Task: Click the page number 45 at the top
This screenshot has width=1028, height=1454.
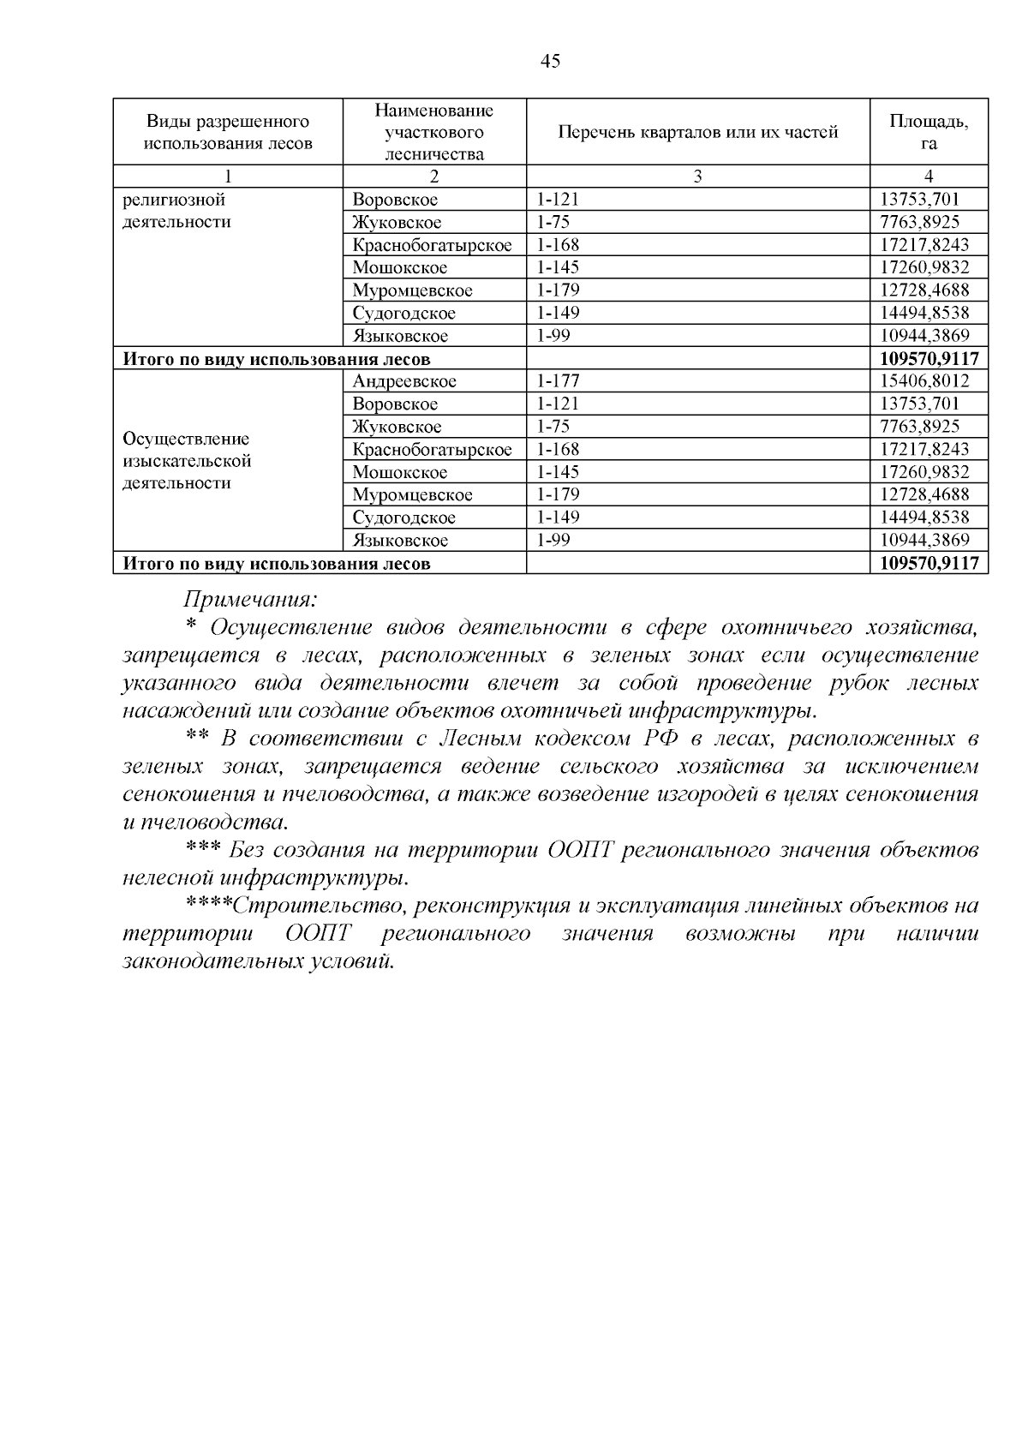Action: [x=551, y=61]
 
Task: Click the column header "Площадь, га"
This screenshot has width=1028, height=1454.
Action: [x=929, y=132]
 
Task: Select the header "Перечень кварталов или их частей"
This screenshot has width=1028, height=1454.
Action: [x=697, y=132]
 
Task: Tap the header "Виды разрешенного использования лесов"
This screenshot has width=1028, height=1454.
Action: [x=228, y=132]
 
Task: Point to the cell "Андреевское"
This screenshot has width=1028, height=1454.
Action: [x=404, y=381]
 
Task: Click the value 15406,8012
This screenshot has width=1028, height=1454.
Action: [x=924, y=381]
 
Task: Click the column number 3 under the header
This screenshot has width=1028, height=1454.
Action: [x=697, y=177]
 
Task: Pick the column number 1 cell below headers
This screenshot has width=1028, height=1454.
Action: [x=228, y=177]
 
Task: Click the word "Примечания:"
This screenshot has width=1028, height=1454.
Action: [x=250, y=598]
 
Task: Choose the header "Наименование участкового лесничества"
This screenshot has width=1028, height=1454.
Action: [x=434, y=132]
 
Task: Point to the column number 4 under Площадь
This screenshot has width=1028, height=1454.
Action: [x=929, y=177]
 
